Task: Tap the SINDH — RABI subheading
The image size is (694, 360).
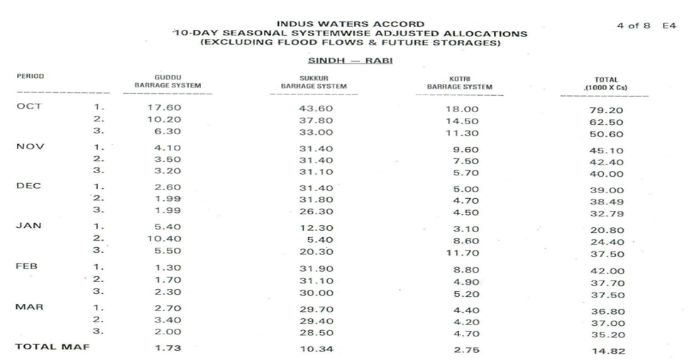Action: pyautogui.click(x=343, y=62)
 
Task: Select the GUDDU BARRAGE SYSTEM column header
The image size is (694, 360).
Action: pyautogui.click(x=167, y=82)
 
